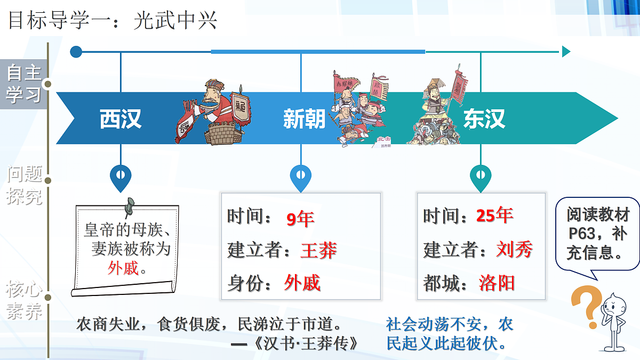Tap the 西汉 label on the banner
(121, 119)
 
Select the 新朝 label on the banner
(304, 119)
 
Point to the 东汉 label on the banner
(484, 119)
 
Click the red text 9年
(300, 218)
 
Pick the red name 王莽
(318, 250)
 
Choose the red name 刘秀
(514, 249)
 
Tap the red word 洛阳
(497, 283)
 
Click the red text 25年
(494, 215)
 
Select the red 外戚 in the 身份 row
(302, 283)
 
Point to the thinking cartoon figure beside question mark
(613, 320)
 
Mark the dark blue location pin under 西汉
(121, 175)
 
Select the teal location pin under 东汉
(481, 175)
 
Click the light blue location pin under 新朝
(301, 175)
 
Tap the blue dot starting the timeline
(76, 52)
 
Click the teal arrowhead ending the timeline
(565, 52)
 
